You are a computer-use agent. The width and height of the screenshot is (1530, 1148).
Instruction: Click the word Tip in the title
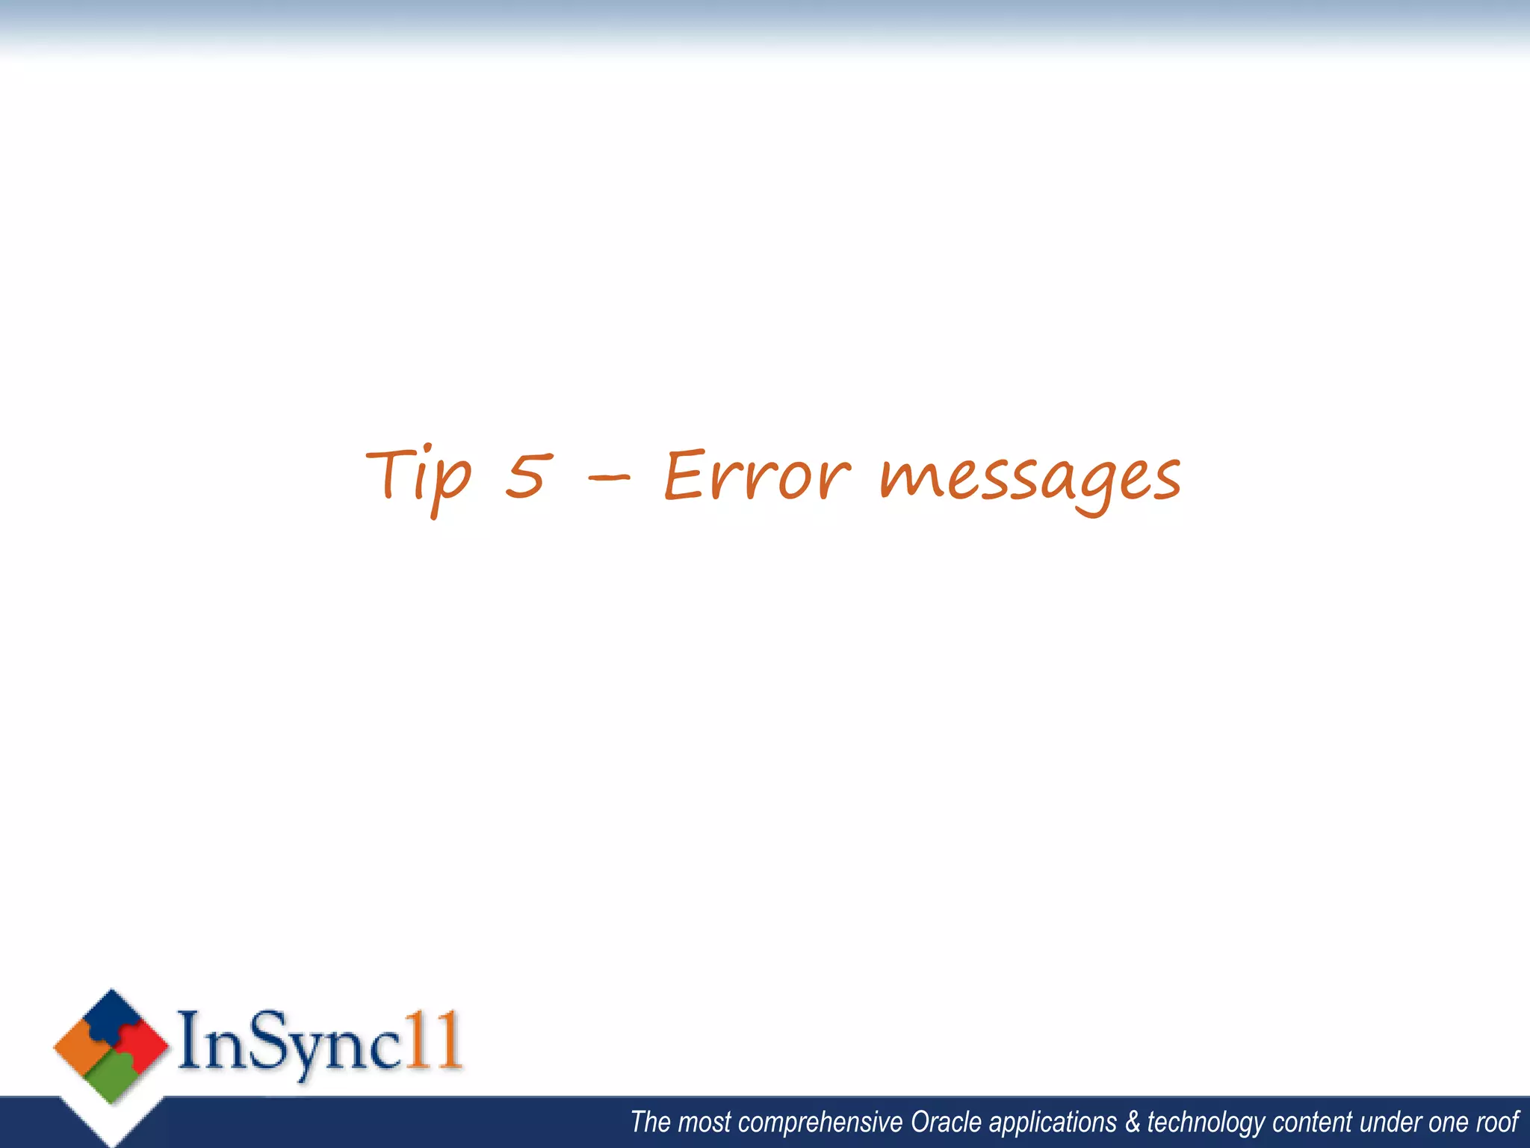418,477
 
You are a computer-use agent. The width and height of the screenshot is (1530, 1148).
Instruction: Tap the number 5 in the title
529,476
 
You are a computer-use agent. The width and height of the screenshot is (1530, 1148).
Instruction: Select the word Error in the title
757,476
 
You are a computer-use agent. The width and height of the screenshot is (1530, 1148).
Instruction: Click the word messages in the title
1030,479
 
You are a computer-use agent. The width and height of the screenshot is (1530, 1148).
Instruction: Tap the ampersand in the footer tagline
1133,1123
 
